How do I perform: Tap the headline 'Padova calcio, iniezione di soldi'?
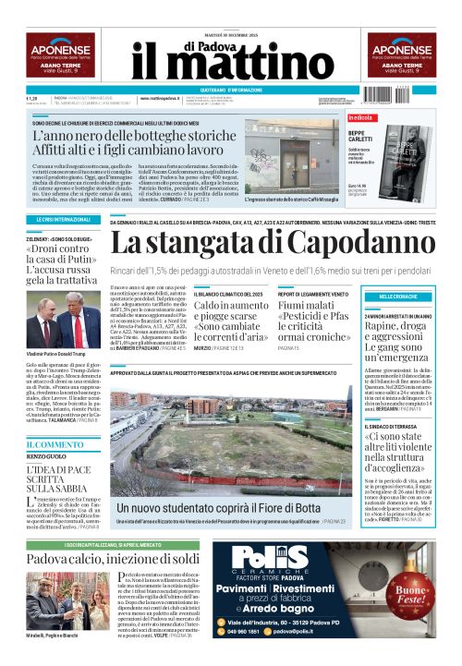coord(113,559)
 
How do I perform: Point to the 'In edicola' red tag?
coord(360,117)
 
